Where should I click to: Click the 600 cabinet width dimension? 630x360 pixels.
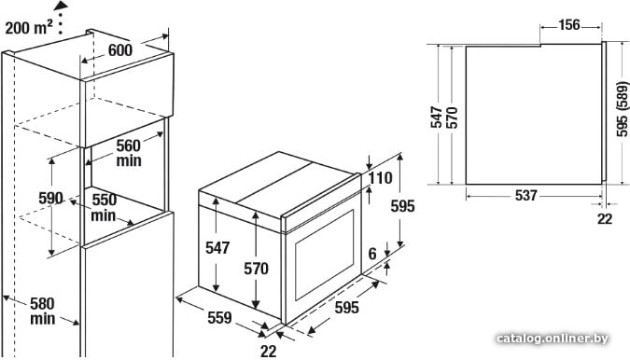point(120,50)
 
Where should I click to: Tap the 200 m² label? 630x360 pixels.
point(29,27)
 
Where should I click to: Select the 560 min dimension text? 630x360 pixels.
point(129,153)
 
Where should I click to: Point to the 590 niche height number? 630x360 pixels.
point(50,199)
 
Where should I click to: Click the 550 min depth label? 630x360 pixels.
point(104,208)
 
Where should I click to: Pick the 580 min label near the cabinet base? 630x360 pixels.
point(42,312)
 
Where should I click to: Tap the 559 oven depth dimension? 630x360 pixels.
point(219,318)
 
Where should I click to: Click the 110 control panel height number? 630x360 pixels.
point(380,178)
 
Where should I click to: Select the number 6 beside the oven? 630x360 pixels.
point(372,254)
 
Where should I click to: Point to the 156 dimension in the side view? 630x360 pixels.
point(569,25)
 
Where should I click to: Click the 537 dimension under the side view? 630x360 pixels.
point(526,196)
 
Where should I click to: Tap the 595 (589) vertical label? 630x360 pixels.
point(622,109)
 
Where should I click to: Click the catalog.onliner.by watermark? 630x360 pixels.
point(552,339)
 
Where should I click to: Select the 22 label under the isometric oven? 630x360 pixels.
point(269,352)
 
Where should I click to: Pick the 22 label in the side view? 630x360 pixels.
point(605,219)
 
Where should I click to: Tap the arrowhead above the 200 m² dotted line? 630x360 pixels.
point(61,6)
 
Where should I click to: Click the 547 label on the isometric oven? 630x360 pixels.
point(217,248)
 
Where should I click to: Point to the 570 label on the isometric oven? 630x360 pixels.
point(256,269)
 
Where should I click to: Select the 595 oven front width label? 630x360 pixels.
point(347,308)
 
